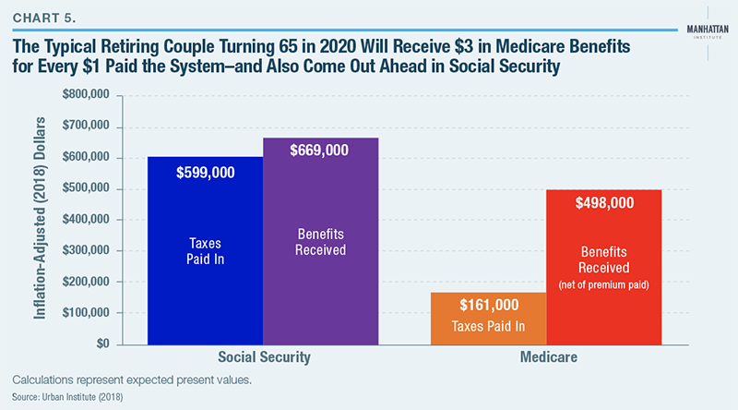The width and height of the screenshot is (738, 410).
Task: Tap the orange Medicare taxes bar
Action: point(489,319)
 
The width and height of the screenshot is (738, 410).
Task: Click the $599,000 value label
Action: point(205,172)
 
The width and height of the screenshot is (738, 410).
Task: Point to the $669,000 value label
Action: point(320,151)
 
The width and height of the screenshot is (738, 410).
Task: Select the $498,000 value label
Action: point(604,203)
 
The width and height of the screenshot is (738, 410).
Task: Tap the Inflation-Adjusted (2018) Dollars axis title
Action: point(42,219)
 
